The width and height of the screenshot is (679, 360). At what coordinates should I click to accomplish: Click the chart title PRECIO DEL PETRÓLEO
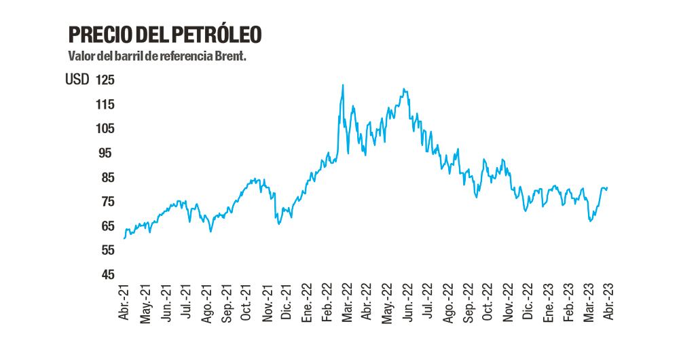click(165, 35)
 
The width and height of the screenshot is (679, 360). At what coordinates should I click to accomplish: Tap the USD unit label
click(77, 80)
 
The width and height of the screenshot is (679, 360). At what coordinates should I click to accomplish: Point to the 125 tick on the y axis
click(105, 80)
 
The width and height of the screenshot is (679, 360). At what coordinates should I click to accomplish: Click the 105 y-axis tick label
click(105, 129)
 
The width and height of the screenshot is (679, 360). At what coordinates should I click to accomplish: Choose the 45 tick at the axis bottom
click(107, 275)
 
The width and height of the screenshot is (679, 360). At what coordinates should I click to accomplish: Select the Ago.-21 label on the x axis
click(206, 303)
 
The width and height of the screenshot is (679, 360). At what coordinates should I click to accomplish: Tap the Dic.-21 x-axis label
click(287, 303)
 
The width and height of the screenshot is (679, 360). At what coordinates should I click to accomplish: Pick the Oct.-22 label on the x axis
click(488, 303)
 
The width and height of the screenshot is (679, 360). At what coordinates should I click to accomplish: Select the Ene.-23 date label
click(549, 303)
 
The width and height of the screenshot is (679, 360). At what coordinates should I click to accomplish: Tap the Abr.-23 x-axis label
click(609, 303)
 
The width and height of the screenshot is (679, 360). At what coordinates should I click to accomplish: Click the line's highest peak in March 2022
click(343, 85)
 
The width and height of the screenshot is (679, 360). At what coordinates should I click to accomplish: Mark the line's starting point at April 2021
click(124, 238)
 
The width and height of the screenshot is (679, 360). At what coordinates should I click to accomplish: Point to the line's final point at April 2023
click(607, 187)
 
